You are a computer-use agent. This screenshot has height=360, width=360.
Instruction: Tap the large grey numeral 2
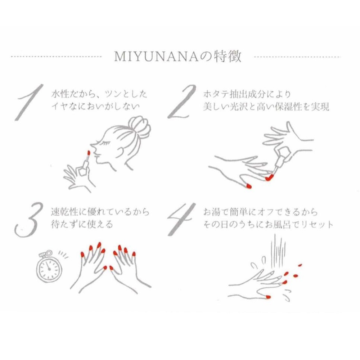pyautogui.click(x=182, y=102)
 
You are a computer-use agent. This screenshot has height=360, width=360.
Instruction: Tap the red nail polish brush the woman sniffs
pyautogui.click(x=87, y=156)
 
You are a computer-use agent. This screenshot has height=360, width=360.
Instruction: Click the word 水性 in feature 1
pyautogui.click(x=58, y=95)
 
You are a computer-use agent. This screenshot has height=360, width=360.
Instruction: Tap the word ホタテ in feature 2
pyautogui.click(x=214, y=95)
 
